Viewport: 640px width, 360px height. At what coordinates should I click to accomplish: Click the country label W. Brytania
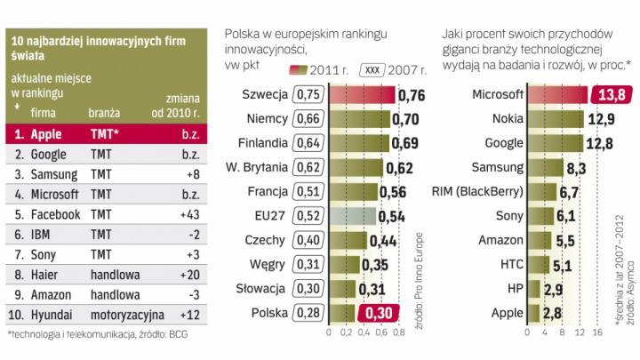pos(260,167)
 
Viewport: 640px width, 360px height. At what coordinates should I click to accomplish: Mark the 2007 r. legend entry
pos(381,68)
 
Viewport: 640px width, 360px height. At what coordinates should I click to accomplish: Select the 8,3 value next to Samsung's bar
pos(578,166)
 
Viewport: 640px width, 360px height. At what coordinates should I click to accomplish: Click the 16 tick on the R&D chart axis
pos(599,332)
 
